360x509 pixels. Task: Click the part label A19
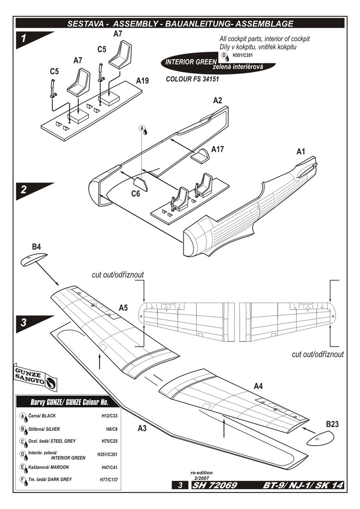[143, 81]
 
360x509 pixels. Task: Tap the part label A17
[218, 149]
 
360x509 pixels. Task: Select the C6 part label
[135, 194]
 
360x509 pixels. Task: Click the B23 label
[333, 424]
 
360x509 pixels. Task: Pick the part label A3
[143, 428]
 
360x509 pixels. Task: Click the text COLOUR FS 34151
[192, 79]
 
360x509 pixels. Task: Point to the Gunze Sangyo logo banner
[35, 376]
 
